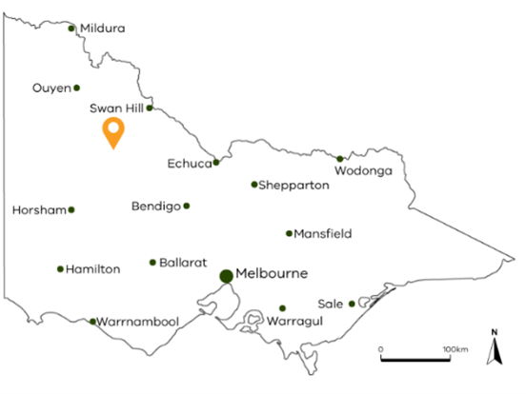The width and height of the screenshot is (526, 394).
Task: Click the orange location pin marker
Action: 114,133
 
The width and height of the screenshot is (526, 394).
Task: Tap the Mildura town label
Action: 103,29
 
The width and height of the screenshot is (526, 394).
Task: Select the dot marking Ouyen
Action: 77,88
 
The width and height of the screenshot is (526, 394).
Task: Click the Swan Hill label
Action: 116,108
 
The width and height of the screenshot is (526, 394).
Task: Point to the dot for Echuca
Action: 216,162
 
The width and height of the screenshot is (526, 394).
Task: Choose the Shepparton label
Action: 294,186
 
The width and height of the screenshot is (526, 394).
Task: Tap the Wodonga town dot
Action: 340,159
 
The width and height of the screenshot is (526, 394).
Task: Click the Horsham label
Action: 38,209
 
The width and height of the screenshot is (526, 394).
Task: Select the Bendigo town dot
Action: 187,206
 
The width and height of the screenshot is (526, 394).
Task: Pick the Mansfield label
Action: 323,233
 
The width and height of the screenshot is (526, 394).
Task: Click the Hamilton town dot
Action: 60,268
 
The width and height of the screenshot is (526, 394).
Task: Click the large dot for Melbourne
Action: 226,276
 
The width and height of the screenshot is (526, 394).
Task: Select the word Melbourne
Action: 273,273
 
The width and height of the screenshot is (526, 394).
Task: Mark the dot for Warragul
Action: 282,308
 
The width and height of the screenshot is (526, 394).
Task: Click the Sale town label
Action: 331,304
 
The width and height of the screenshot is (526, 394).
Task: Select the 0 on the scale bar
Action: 381,349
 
